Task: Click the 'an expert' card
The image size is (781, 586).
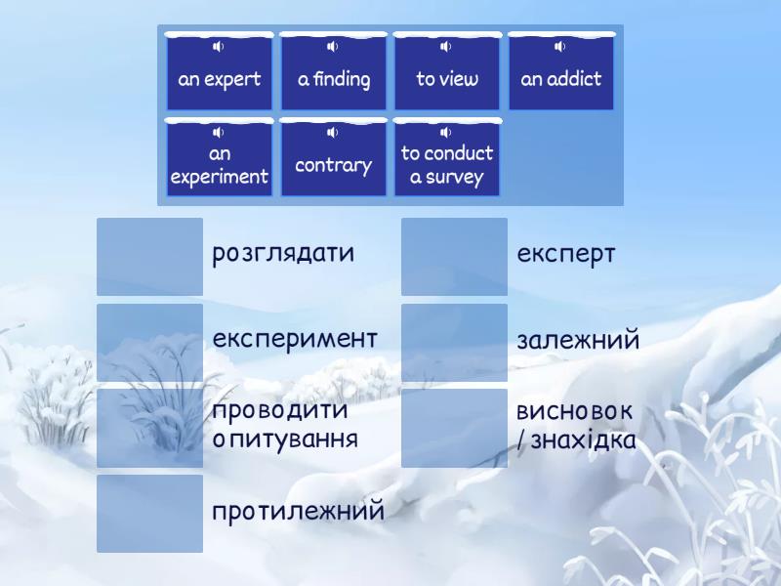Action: pyautogui.click(x=220, y=78)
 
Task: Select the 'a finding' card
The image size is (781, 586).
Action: pyautogui.click(x=334, y=78)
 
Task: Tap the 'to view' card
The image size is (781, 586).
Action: pyautogui.click(x=447, y=78)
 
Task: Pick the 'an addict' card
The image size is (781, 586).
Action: pyautogui.click(x=561, y=78)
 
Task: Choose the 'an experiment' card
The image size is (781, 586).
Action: pyautogui.click(x=220, y=164)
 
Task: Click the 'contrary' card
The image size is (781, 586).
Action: pyautogui.click(x=334, y=164)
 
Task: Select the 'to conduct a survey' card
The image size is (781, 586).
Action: pyautogui.click(x=447, y=164)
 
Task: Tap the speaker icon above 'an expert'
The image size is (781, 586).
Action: pyautogui.click(x=219, y=47)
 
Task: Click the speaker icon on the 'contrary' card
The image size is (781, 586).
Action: pyautogui.click(x=333, y=132)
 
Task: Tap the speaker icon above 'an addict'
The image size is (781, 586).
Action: pyautogui.click(x=560, y=47)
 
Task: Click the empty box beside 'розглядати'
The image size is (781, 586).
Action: pyautogui.click(x=150, y=256)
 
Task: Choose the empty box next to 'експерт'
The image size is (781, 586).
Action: pyautogui.click(x=455, y=256)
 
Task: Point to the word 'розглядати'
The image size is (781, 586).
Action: pyautogui.click(x=283, y=254)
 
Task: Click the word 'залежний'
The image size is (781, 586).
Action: pyautogui.click(x=578, y=341)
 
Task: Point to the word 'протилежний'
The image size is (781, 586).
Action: pyautogui.click(x=298, y=511)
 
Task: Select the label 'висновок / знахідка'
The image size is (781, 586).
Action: pyautogui.click(x=576, y=425)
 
